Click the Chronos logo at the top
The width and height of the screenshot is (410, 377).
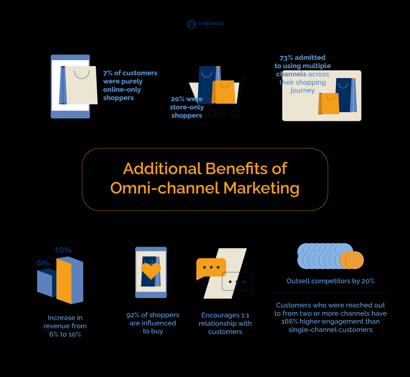(205, 24)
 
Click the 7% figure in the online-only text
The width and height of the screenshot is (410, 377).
(107, 73)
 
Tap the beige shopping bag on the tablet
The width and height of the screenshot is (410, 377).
(82, 85)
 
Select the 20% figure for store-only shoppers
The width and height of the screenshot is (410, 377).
(178, 99)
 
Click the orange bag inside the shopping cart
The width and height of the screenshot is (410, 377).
(224, 92)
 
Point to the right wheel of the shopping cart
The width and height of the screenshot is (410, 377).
(235, 113)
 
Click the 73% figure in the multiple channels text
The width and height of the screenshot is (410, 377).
(286, 58)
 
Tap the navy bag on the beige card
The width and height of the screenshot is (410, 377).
(344, 95)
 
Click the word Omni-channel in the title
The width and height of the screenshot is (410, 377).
(165, 188)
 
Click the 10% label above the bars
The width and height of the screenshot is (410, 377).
(63, 250)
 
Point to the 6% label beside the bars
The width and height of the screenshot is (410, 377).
(43, 263)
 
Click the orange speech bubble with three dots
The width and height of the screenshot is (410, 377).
(211, 268)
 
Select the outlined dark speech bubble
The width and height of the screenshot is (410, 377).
(237, 282)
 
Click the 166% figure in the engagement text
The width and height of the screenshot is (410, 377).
(290, 321)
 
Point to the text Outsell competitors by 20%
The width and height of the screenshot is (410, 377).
(330, 281)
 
